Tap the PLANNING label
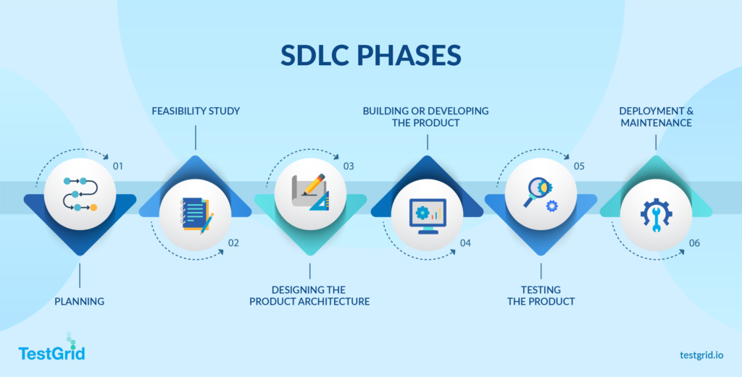79,301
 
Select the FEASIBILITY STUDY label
196,111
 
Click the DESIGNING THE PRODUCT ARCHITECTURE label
309,295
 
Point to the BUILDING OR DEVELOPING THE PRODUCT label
426,117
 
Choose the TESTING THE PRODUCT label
541,295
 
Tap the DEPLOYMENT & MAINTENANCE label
655,117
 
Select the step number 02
233,243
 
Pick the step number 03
349,166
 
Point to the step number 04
464,243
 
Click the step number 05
579,166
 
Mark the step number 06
694,243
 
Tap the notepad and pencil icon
196,215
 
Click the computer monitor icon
427,215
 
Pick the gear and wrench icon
656,215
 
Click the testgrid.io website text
706,355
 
